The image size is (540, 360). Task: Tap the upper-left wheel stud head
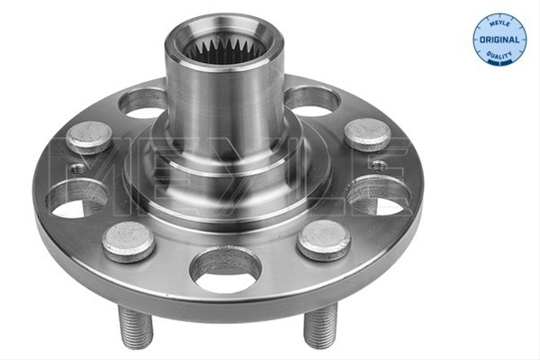[89, 137]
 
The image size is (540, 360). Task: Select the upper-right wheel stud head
[367, 134]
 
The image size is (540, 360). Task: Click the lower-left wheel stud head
[128, 241]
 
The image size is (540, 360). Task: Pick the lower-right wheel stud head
[324, 239]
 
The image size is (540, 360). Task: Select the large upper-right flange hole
[312, 101]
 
